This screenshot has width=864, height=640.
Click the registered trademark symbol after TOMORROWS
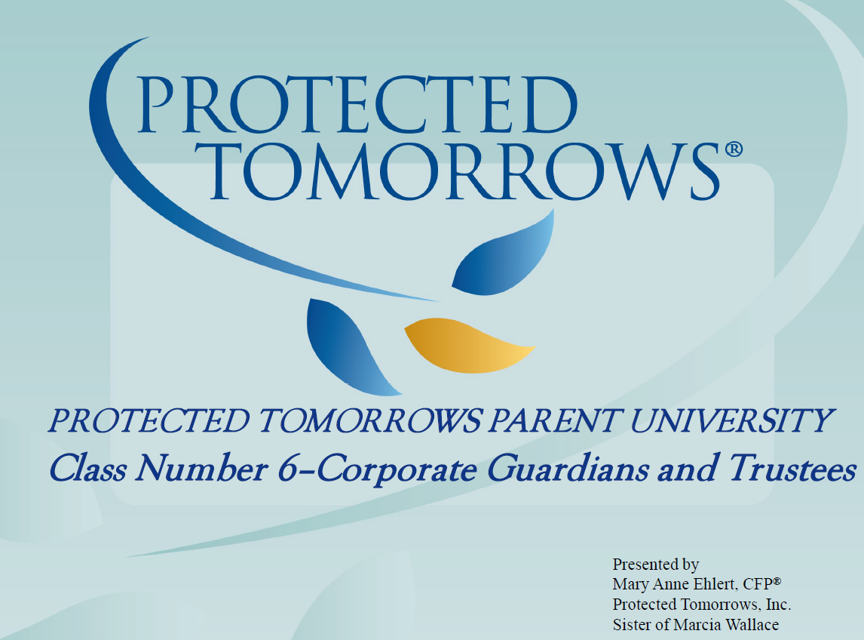(x=734, y=149)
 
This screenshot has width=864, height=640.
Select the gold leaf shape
(x=467, y=346)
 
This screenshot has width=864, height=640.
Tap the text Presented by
(x=655, y=565)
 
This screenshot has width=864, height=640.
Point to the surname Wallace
(x=751, y=625)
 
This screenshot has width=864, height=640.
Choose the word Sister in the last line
(x=633, y=625)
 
